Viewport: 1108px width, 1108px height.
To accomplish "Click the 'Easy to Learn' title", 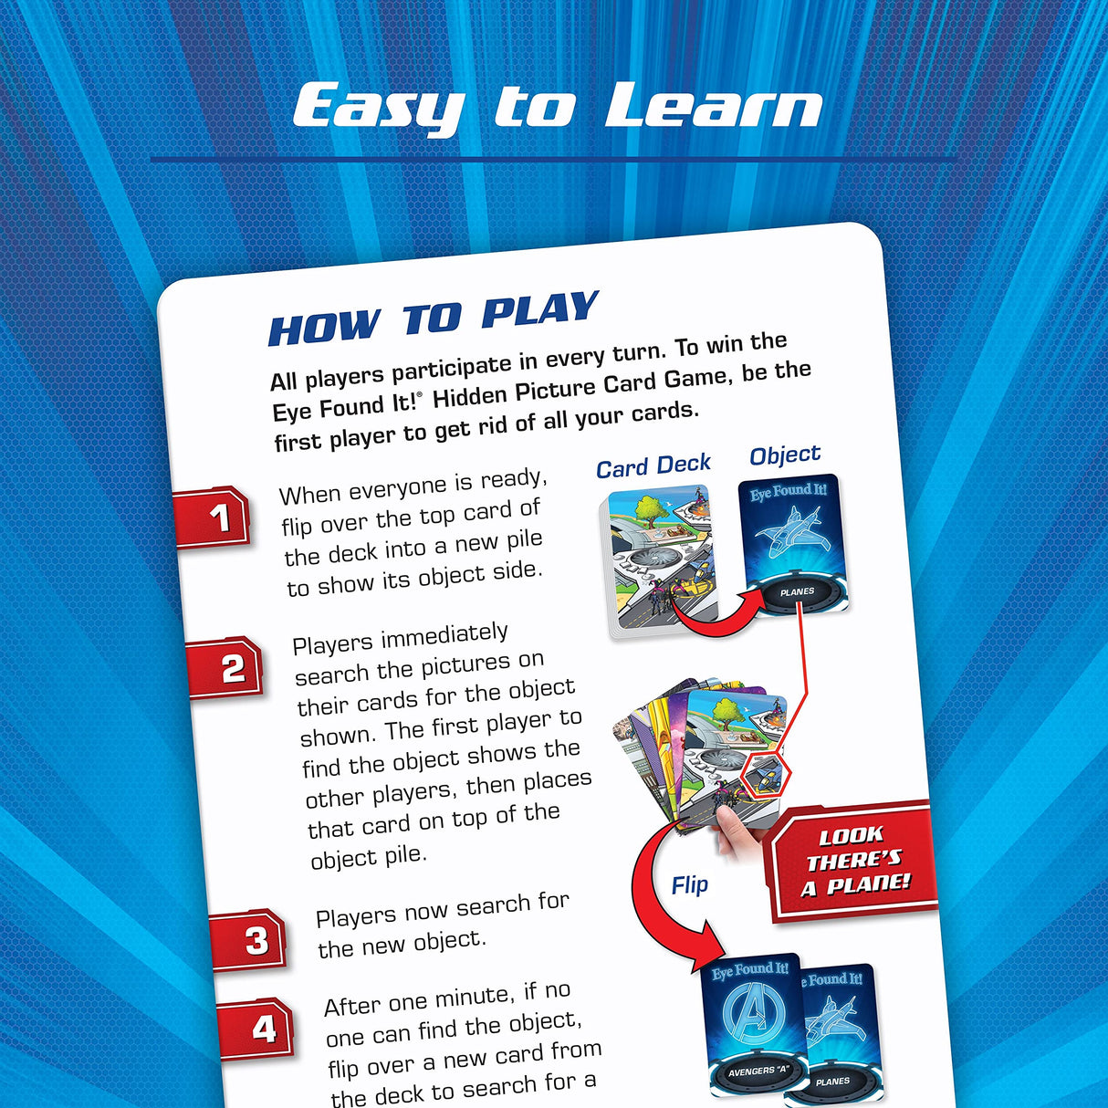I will tap(557, 108).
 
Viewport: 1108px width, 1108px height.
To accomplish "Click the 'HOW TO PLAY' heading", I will tap(434, 319).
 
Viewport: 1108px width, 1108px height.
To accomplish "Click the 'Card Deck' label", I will tap(653, 466).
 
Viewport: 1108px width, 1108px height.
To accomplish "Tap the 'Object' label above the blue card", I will tap(785, 455).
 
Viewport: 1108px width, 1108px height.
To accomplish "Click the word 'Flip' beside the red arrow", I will tap(690, 885).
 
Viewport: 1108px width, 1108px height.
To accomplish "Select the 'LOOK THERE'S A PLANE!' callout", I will tap(856, 861).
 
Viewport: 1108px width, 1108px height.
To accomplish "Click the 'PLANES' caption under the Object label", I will tap(797, 592).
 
